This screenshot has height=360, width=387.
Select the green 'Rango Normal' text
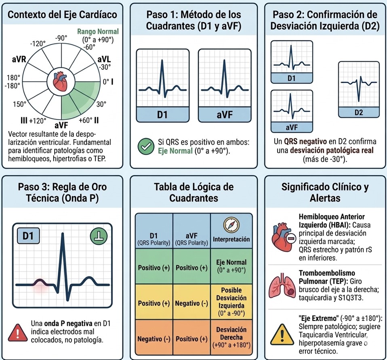pyautogui.click(x=98, y=31)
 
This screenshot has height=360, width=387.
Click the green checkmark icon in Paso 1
pyautogui.click(x=144, y=147)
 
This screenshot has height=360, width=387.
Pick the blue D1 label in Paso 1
pyautogui.click(x=162, y=115)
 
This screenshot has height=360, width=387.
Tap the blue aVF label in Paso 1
pyautogui.click(x=224, y=115)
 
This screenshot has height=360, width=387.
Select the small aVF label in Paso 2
pyautogui.click(x=291, y=128)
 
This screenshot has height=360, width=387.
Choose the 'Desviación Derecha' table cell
pyautogui.click(x=231, y=338)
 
